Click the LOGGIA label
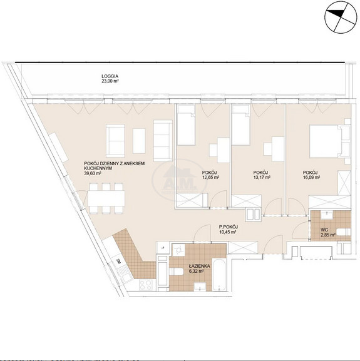(110, 76)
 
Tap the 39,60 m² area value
(93, 173)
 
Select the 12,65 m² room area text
(210, 177)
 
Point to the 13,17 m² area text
(262, 177)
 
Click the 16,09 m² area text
(312, 177)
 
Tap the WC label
(324, 230)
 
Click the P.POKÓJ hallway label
(229, 227)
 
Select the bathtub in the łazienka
(219, 275)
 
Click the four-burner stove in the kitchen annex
(146, 285)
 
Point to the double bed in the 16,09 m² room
(330, 141)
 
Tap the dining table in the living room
(106, 198)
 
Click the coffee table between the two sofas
(139, 141)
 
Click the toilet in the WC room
(344, 232)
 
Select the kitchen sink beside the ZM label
(124, 274)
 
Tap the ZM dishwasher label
(118, 262)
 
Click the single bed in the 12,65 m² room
(187, 125)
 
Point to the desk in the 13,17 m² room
(277, 149)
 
